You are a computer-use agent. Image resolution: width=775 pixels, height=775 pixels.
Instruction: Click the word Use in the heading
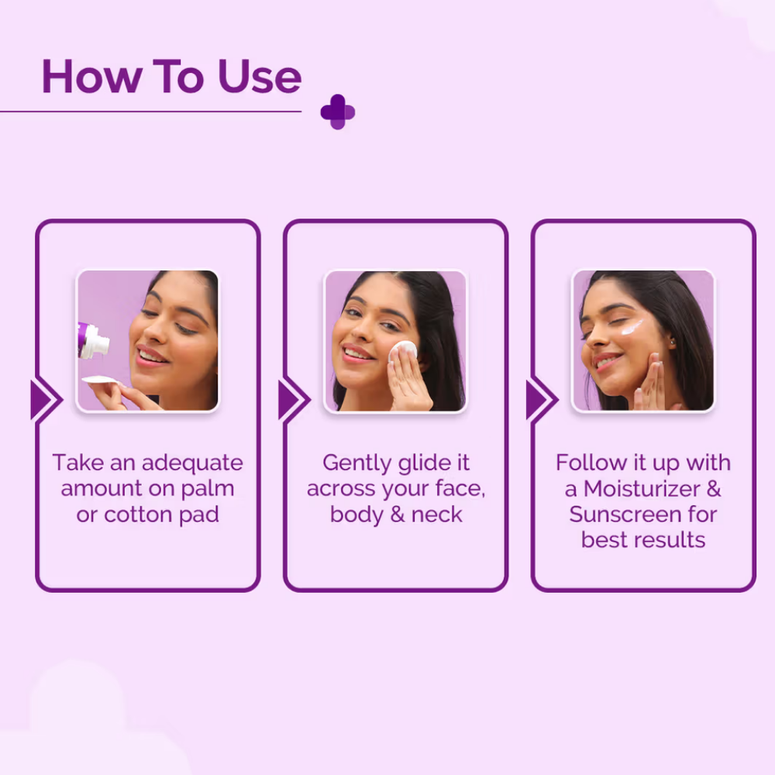pos(260,77)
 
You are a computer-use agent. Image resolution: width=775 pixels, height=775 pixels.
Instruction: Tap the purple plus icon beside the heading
pos(338,112)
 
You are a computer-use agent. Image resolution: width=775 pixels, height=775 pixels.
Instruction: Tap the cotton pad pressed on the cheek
pos(402,350)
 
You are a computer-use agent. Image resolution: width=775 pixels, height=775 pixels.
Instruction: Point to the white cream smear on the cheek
pos(632,327)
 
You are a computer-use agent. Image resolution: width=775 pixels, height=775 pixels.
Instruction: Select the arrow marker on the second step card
pos(294,399)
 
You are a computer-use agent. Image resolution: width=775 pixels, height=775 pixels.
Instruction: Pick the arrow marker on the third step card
pos(542,399)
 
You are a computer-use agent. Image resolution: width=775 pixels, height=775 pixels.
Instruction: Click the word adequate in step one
pos(192,464)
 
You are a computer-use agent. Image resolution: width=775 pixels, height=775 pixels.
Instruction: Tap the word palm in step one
pos(208,489)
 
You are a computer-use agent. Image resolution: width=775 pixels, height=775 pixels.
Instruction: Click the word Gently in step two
pos(356,464)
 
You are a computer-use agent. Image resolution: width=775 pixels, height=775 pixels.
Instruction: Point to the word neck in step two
pos(436,515)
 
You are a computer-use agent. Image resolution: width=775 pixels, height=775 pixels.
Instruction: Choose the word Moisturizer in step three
pos(642,489)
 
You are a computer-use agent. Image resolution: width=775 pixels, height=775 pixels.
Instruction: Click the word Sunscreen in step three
pos(619,515)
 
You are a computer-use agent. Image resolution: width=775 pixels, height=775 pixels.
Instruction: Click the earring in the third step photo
pos(673,342)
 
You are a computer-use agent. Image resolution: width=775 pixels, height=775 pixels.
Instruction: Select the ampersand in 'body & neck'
pos(398,515)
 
